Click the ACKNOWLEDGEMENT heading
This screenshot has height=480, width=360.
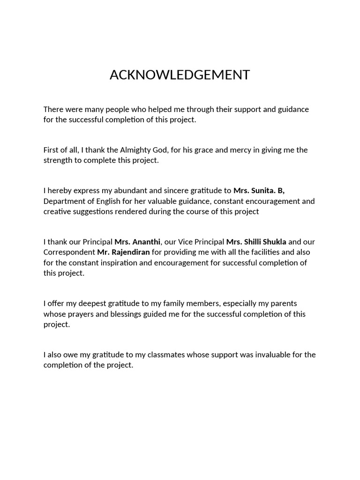click(180, 75)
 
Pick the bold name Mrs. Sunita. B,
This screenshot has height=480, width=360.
click(259, 190)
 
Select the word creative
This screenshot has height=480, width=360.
click(56, 211)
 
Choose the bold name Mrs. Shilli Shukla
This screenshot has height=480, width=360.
click(256, 242)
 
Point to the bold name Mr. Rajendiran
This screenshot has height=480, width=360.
click(123, 252)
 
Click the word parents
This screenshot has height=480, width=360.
click(284, 303)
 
